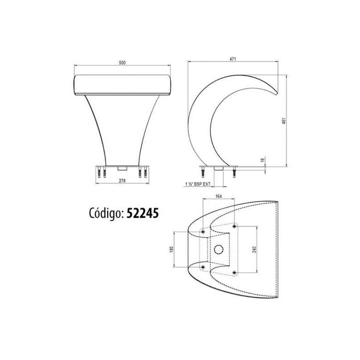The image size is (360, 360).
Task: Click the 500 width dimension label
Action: (x=122, y=63)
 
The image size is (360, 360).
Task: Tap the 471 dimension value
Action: (x=233, y=59)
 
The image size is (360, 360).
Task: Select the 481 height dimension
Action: (x=284, y=121)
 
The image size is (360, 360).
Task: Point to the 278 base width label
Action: (x=122, y=181)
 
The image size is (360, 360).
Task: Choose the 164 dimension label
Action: (x=219, y=196)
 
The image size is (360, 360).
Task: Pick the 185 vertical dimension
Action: (x=171, y=249)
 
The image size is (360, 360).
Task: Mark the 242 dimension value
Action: (x=254, y=249)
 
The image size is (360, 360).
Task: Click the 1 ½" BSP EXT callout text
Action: (x=198, y=184)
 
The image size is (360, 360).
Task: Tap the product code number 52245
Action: (x=143, y=213)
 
